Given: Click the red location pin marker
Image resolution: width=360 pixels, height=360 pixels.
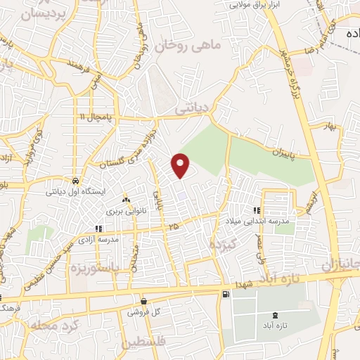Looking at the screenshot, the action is pyautogui.click(x=181, y=165).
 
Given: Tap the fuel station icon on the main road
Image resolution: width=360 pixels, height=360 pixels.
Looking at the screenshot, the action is pyautogui.click(x=225, y=295).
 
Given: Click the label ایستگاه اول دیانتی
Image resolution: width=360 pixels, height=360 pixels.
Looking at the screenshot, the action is pyautogui.click(x=75, y=191).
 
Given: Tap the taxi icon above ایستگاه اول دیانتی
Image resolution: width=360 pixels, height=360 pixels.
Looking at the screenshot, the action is pyautogui.click(x=75, y=179).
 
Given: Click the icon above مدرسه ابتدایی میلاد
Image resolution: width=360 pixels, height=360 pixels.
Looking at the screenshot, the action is pyautogui.click(x=257, y=210).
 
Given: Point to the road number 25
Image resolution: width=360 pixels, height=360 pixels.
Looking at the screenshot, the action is pyautogui.click(x=173, y=226).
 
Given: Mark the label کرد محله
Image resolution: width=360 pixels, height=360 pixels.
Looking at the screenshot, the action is pyautogui.click(x=53, y=327).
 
